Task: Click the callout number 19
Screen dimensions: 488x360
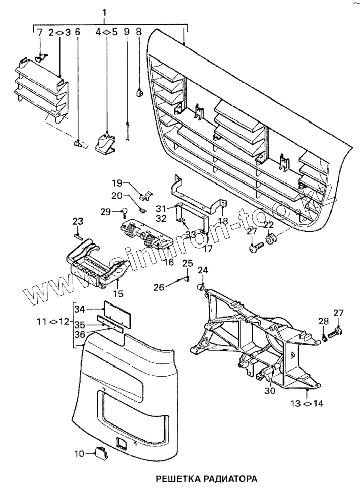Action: pyautogui.click(x=117, y=183)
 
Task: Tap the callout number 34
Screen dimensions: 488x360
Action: pyautogui.click(x=80, y=309)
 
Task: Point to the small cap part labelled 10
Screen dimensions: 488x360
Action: pyautogui.click(x=99, y=453)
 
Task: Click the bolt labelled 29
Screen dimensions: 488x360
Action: pyautogui.click(x=123, y=211)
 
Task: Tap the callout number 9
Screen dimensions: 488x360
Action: pyautogui.click(x=126, y=32)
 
